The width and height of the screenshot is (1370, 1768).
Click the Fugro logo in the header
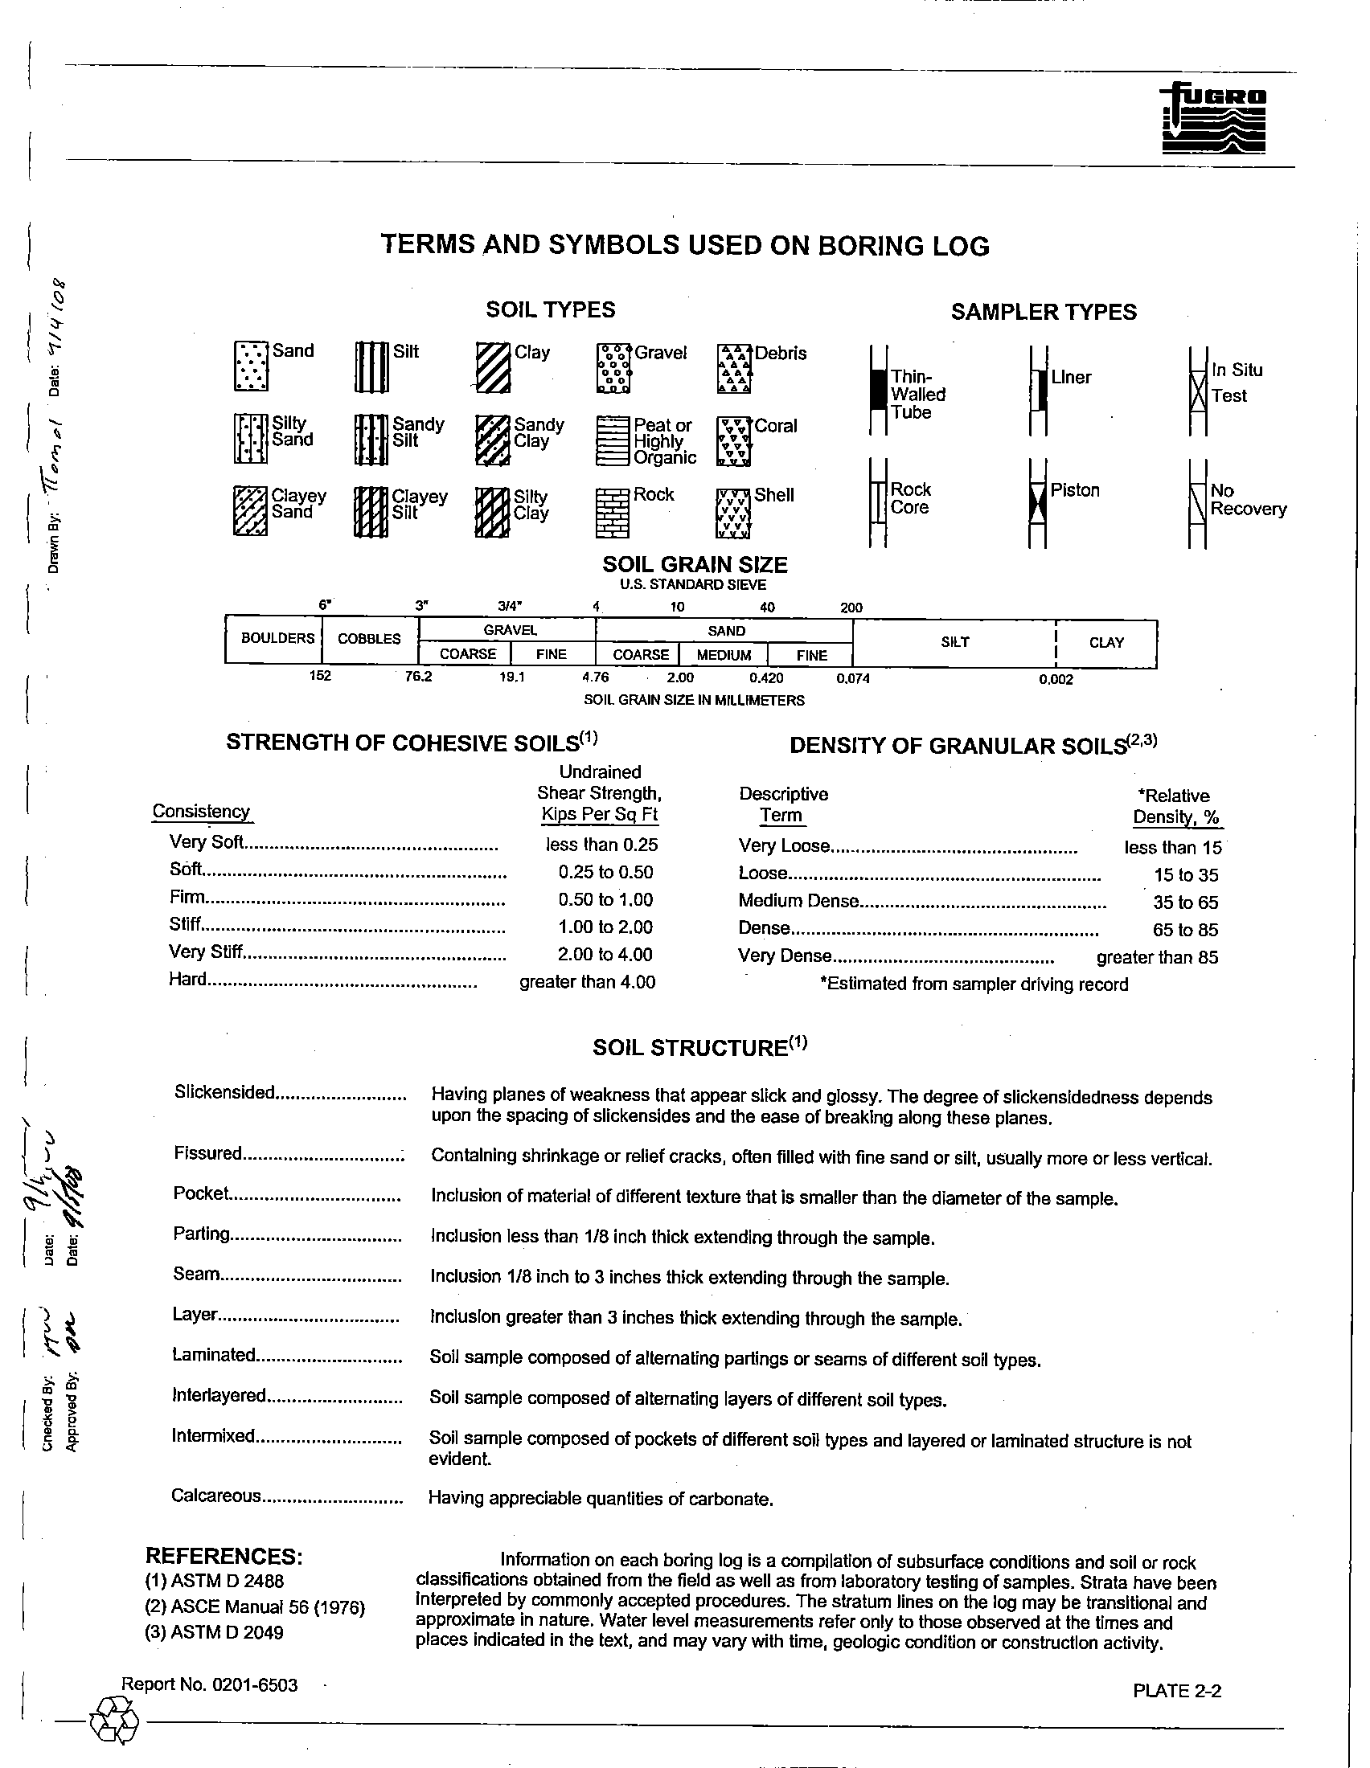[x=1214, y=119]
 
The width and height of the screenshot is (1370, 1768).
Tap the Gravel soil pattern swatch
[x=613, y=368]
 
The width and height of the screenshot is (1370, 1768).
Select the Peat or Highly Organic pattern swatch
[x=613, y=441]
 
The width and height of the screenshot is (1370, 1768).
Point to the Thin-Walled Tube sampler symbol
[x=878, y=391]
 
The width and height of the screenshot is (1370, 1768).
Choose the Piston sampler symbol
[x=1037, y=504]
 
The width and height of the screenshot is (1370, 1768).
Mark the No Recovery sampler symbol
[x=1197, y=504]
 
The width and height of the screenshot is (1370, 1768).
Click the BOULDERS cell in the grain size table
[x=277, y=639]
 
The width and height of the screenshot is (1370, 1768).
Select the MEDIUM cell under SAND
[x=723, y=655]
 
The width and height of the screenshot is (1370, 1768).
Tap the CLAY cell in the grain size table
[x=1106, y=643]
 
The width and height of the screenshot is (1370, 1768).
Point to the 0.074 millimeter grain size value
[x=852, y=679]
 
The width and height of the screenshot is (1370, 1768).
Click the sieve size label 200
[x=851, y=608]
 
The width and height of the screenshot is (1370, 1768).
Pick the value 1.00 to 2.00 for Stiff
[x=605, y=927]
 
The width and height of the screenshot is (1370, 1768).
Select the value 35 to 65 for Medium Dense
[x=1185, y=902]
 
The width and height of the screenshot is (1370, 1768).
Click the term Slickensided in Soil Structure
[x=225, y=1093]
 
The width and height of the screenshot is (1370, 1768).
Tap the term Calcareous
[x=216, y=1496]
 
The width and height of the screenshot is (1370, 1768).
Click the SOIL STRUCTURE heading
[x=700, y=1047]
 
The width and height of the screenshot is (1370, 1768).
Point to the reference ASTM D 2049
[x=215, y=1633]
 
